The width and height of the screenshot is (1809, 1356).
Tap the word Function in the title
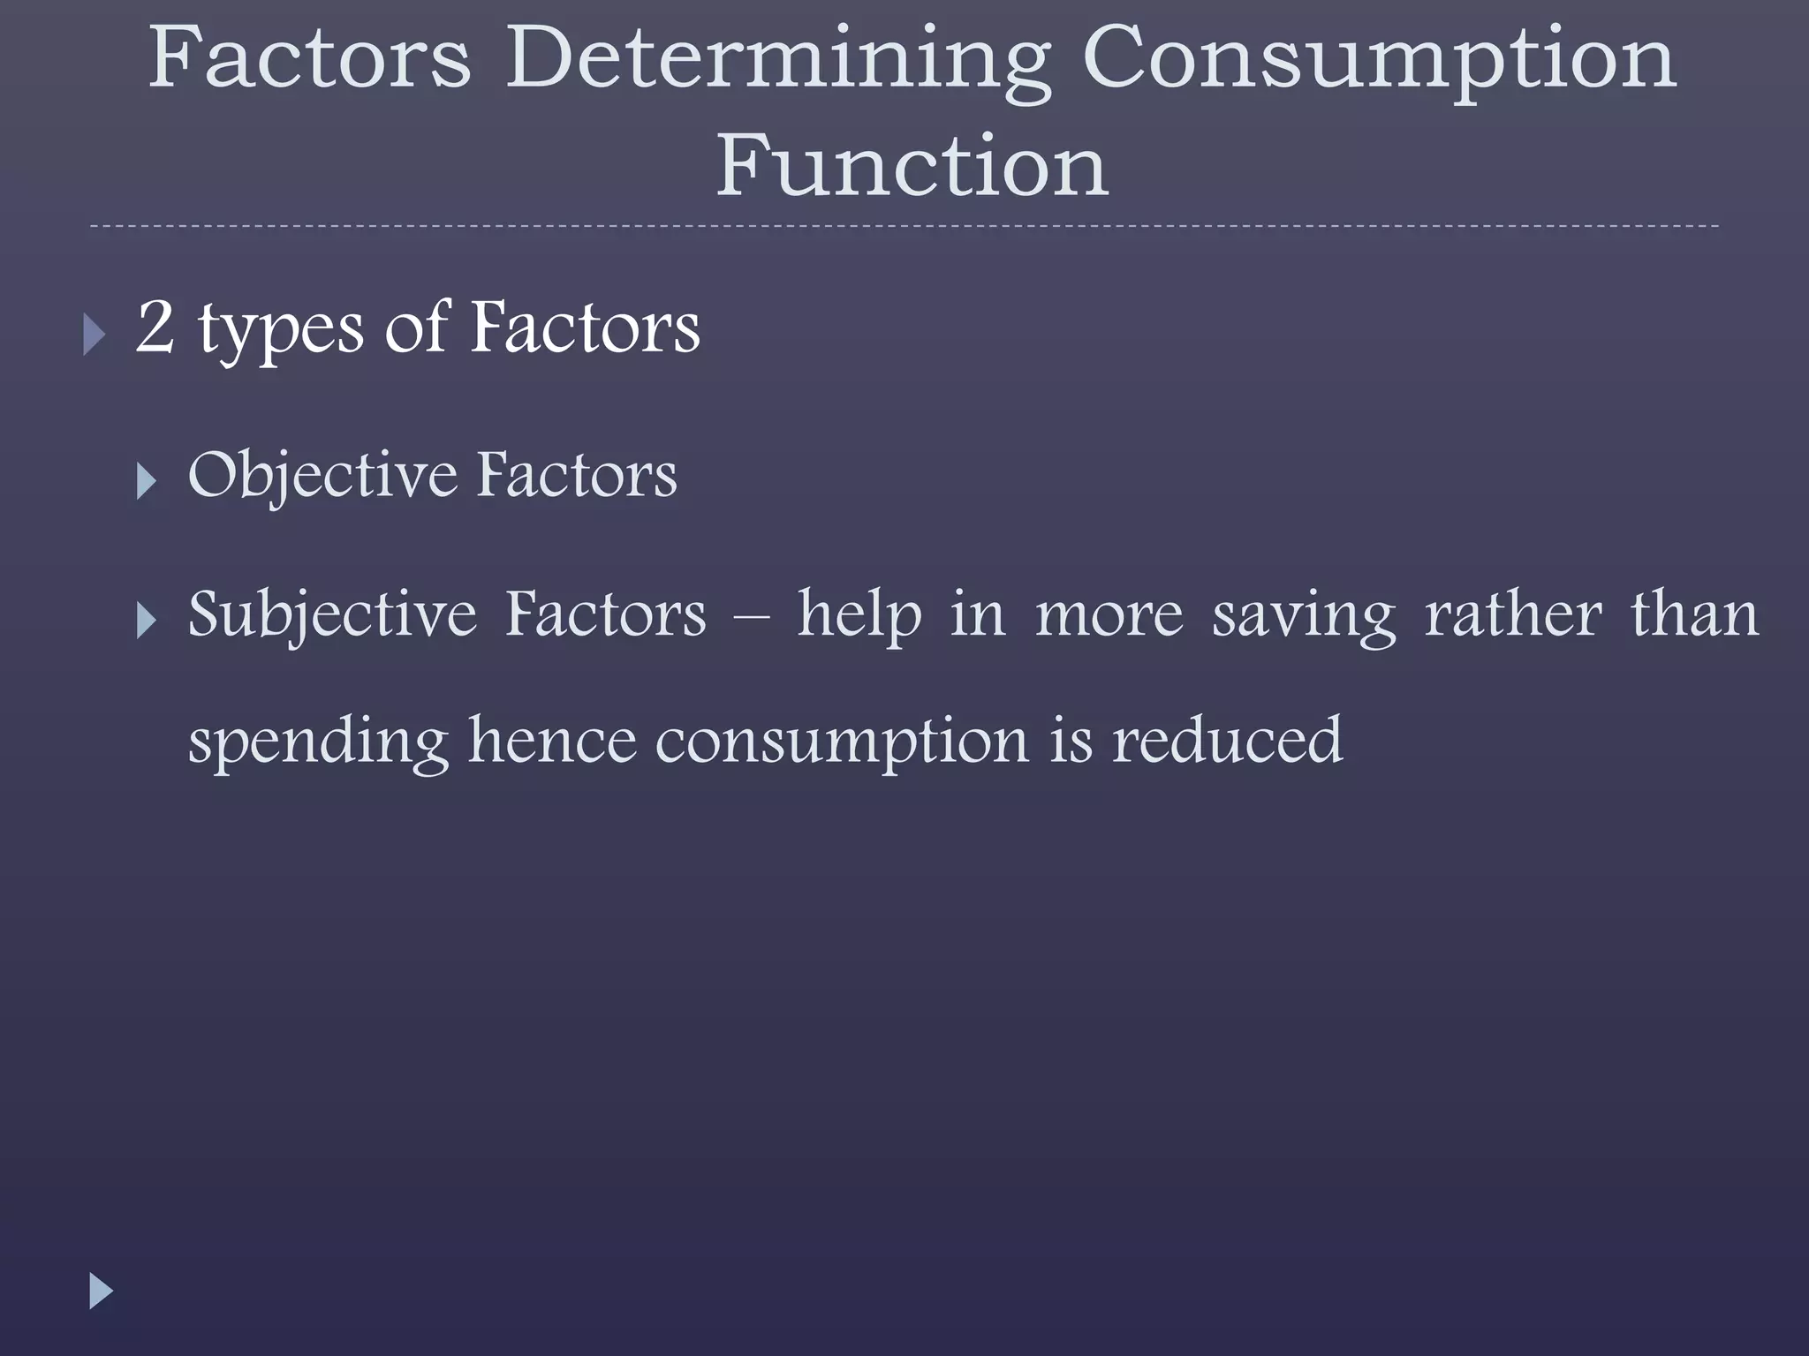912,166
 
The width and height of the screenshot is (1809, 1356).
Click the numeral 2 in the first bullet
155,327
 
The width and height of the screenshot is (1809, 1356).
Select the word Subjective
332,616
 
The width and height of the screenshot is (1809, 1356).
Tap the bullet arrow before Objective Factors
147,482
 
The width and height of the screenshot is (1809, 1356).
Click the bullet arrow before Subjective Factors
147,621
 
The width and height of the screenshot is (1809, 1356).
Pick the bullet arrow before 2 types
95,335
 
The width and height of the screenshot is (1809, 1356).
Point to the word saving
1304,616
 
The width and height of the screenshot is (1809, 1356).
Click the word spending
319,742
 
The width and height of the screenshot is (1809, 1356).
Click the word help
859,616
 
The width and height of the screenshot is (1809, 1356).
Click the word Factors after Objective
577,475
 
